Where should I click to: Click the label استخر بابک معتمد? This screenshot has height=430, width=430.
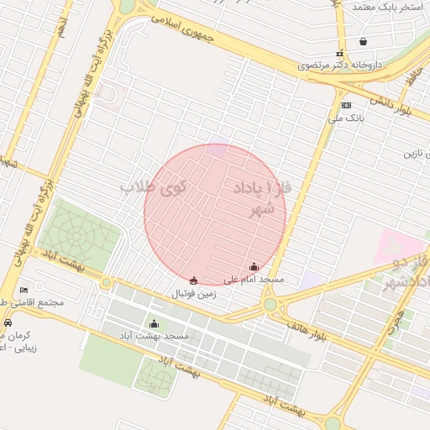(385, 7)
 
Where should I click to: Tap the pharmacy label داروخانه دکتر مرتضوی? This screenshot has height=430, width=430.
(343, 65)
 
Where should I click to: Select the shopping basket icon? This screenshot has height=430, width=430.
(363, 41)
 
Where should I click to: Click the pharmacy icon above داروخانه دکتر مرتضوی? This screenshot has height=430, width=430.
(340, 52)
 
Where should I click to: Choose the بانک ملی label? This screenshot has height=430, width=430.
(349, 118)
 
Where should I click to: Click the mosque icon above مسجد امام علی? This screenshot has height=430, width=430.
(254, 266)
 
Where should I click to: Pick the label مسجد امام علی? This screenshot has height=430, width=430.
(254, 279)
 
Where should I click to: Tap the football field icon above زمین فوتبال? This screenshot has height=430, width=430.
(195, 281)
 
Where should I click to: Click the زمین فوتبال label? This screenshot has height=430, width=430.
(195, 294)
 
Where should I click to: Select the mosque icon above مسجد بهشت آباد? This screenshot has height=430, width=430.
(154, 323)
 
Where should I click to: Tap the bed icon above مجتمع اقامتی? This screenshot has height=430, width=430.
(24, 289)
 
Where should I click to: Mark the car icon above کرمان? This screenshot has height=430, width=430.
(8, 322)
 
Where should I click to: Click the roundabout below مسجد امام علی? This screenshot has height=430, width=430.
(270, 305)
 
